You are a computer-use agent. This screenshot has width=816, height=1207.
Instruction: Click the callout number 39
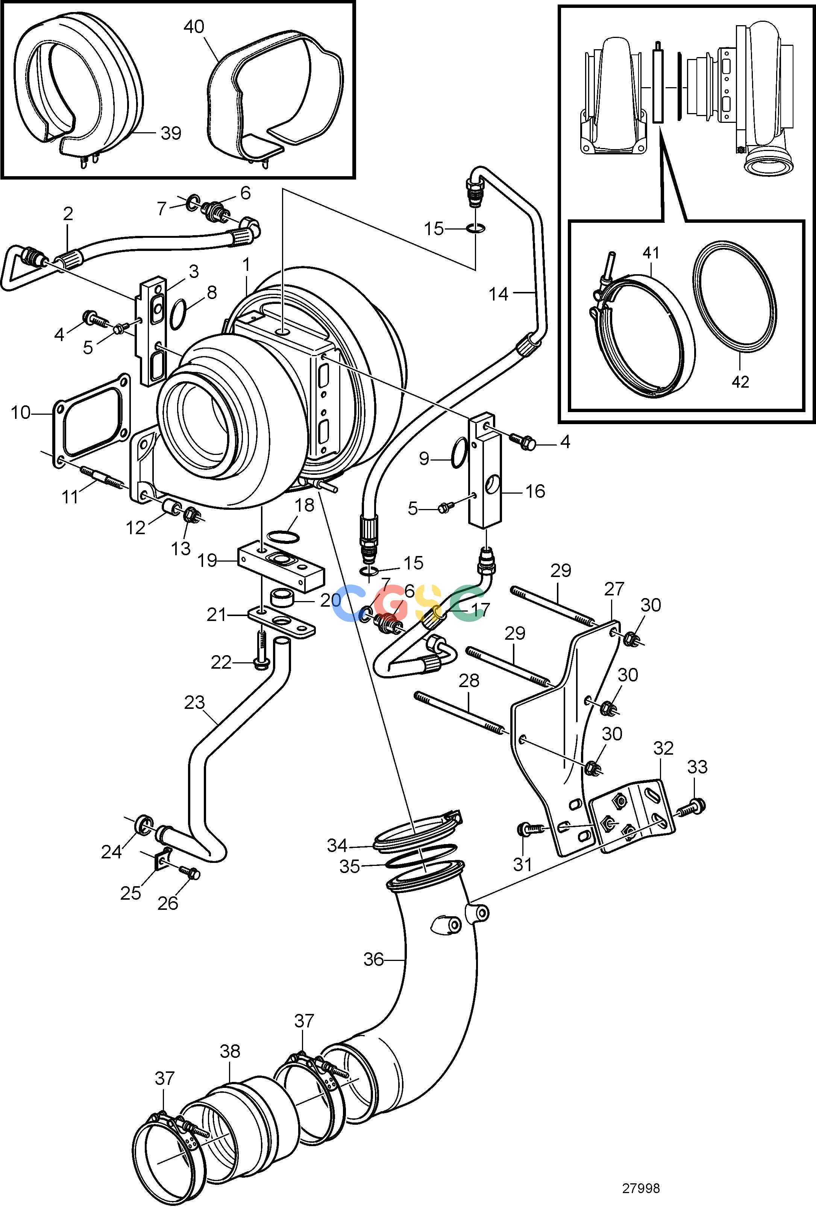(x=171, y=133)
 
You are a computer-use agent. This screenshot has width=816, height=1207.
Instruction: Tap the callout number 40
(x=194, y=27)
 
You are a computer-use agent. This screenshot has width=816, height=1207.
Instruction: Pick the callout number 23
(x=194, y=703)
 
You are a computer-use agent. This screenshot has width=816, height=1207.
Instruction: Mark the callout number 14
(x=498, y=294)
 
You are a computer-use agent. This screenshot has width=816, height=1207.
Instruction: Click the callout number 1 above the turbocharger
(x=246, y=265)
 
